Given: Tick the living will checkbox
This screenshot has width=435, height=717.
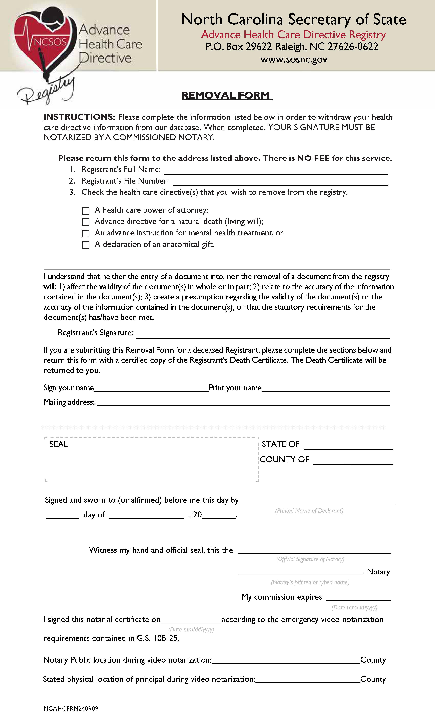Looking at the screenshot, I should (x=85, y=222).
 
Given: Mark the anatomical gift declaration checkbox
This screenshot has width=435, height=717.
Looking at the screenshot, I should (x=85, y=245).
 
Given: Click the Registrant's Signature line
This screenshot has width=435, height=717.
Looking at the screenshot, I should (x=263, y=335).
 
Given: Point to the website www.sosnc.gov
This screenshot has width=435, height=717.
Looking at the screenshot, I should (x=294, y=60).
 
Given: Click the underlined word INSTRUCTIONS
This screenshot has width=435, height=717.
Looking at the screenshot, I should (x=79, y=117).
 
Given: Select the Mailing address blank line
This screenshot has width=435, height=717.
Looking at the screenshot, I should (x=243, y=403).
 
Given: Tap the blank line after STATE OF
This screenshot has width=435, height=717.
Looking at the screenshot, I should (x=348, y=447).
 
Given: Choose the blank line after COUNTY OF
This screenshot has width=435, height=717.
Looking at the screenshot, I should (x=353, y=462).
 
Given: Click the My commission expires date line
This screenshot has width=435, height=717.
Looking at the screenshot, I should (x=359, y=598).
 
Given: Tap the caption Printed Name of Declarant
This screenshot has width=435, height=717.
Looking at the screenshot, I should (x=309, y=510).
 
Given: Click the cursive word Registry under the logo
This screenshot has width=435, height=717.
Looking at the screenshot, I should (x=47, y=91).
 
